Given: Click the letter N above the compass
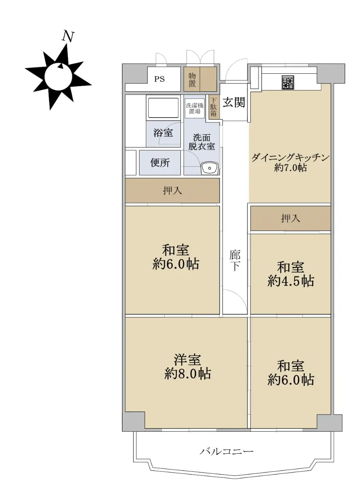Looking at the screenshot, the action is coord(68,36).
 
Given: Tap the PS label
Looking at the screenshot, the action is coord(160,79).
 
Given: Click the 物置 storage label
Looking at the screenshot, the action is coord(192,80).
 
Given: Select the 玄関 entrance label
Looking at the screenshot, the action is coord(234,102).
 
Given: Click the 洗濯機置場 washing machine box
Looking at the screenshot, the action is coord(195,108).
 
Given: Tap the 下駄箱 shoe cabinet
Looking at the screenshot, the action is coord(213,107).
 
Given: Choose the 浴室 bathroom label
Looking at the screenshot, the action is coord(163,132).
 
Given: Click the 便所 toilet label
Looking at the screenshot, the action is coord(160,163).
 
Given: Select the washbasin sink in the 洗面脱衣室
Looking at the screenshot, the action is coord(209,168).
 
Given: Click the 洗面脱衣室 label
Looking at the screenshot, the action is coord(202,142).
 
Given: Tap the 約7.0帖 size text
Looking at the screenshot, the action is coord(290,167).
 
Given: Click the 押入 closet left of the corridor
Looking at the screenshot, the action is coord(172,190).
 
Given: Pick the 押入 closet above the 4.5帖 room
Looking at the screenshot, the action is coord(290,218).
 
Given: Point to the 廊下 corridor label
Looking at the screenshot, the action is coord(235,261).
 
